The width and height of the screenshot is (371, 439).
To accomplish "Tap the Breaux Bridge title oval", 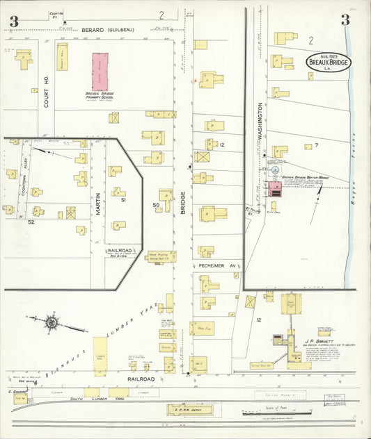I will pyautogui.click(x=329, y=62).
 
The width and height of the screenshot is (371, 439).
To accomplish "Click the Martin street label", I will pyautogui.click(x=98, y=203).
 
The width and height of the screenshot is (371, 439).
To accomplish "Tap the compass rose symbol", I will pyautogui.click(x=52, y=322).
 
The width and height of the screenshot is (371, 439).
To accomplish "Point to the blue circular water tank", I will pyautogui.click(x=275, y=169).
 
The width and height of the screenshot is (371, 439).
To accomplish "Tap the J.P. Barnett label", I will pyautogui.click(x=317, y=341).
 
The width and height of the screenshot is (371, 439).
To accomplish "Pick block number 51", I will pyautogui.click(x=123, y=200).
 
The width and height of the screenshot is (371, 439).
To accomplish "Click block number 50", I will pyautogui.click(x=157, y=205).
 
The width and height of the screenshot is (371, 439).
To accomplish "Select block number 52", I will pyautogui.click(x=31, y=222).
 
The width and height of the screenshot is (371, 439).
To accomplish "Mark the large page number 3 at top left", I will pyautogui.click(x=13, y=22).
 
